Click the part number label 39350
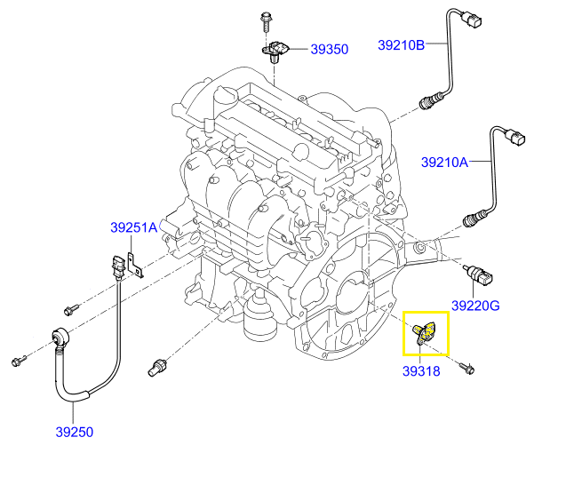(329, 51)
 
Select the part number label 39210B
(401, 44)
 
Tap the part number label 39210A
(444, 163)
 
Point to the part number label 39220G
(475, 306)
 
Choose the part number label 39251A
(133, 227)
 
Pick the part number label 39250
(76, 433)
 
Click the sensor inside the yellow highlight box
(426, 332)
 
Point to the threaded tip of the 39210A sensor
(468, 218)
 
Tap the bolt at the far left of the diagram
(18, 362)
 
